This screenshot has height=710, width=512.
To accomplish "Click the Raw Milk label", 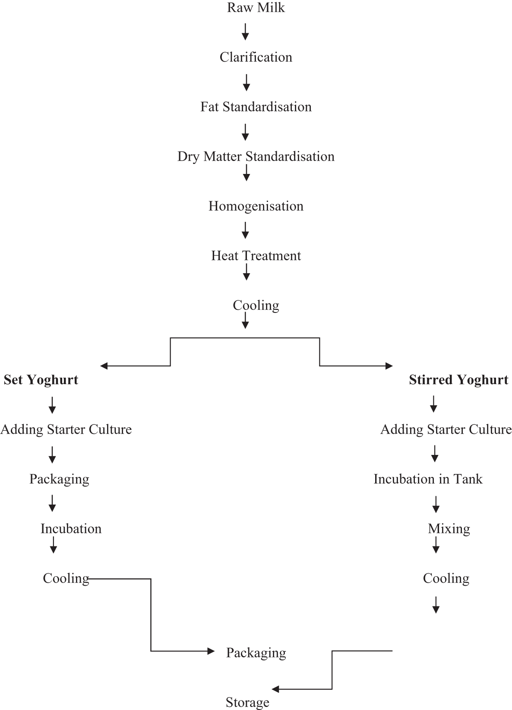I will pyautogui.click(x=256, y=8).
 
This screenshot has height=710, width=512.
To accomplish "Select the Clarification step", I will pyautogui.click(x=256, y=57).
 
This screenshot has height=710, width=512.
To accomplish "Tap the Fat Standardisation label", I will pyautogui.click(x=256, y=107).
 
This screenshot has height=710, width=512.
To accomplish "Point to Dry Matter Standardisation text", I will pyautogui.click(x=256, y=157).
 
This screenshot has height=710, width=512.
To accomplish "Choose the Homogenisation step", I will pyautogui.click(x=256, y=206).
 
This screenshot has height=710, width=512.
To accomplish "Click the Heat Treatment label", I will pyautogui.click(x=256, y=256).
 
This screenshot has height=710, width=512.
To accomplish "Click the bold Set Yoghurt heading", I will pyautogui.click(x=41, y=380).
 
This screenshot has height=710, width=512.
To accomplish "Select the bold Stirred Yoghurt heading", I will pyautogui.click(x=458, y=380).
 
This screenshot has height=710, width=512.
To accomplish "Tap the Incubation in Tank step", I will pyautogui.click(x=428, y=479).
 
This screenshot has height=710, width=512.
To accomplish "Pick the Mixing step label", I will pyautogui.click(x=449, y=529).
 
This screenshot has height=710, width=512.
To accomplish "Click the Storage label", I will pyautogui.click(x=247, y=702).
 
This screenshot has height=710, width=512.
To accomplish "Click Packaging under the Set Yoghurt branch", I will pyautogui.click(x=59, y=479).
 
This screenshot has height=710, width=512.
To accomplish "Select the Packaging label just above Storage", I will pyautogui.click(x=256, y=653).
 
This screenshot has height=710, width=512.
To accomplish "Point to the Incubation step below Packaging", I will pyautogui.click(x=71, y=529).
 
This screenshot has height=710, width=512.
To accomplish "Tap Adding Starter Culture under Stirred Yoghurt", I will pyautogui.click(x=446, y=429).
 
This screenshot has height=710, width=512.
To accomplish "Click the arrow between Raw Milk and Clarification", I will pyautogui.click(x=245, y=32).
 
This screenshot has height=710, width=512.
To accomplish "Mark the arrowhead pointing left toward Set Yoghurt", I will pyautogui.click(x=104, y=366).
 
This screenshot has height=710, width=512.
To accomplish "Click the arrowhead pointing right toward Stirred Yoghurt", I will pyautogui.click(x=389, y=366).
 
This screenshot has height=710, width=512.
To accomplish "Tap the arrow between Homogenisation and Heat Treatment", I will pyautogui.click(x=245, y=230).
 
